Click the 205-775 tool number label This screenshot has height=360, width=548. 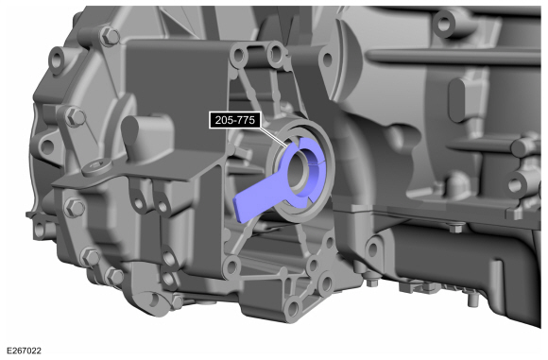[x=235, y=120]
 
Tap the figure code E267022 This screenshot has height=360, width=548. [x=24, y=351]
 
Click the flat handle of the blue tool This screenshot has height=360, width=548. [x=258, y=199]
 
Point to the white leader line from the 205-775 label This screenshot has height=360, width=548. [x=274, y=137]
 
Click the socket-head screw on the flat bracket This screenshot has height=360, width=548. [x=96, y=167]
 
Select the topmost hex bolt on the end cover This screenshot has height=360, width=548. [x=110, y=36]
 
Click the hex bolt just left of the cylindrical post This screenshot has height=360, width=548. [x=75, y=117]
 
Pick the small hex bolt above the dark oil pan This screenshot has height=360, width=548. [x=455, y=229]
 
